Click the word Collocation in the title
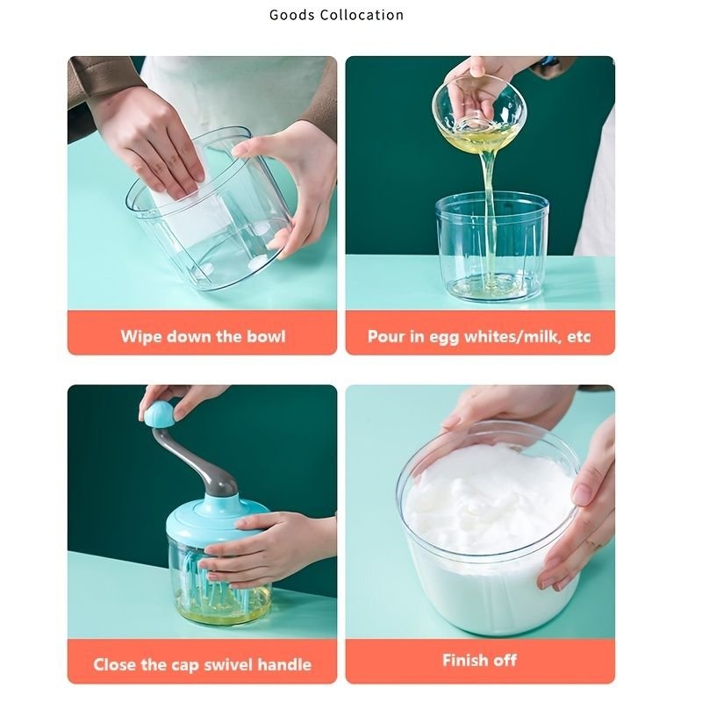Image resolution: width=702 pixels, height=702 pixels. pyautogui.click(x=362, y=15)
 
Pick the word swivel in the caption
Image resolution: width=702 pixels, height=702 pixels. pyautogui.click(x=227, y=664)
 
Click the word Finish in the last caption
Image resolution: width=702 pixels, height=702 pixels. pyautogui.click(x=464, y=660)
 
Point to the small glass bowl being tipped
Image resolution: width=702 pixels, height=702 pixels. pyautogui.click(x=478, y=112)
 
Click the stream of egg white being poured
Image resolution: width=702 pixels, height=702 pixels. pyautogui.click(x=489, y=215)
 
